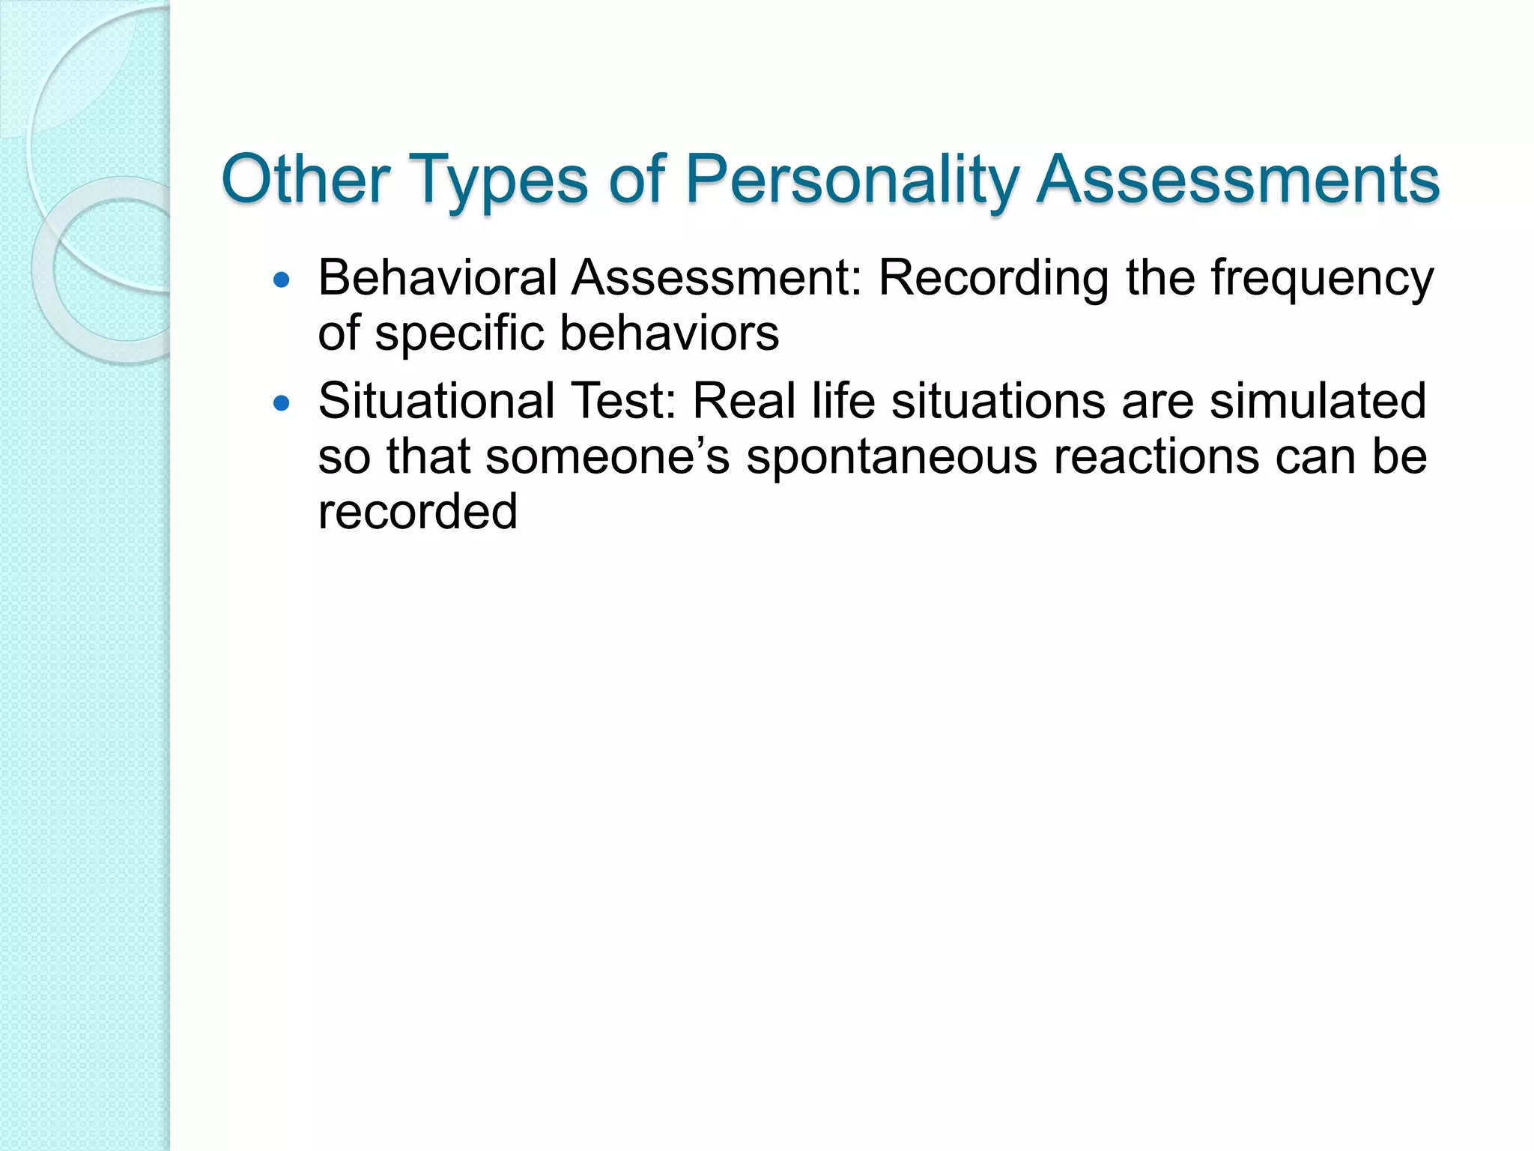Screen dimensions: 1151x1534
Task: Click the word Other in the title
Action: [x=306, y=179]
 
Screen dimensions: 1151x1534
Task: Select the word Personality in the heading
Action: [x=852, y=181]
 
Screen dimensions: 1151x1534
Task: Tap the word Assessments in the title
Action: [x=1237, y=179]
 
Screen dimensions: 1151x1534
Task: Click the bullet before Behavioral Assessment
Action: [x=282, y=281]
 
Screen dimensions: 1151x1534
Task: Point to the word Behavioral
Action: [x=437, y=278]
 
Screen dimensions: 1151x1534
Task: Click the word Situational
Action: [x=436, y=401]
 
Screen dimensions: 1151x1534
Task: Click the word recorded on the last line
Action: [x=417, y=512]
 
